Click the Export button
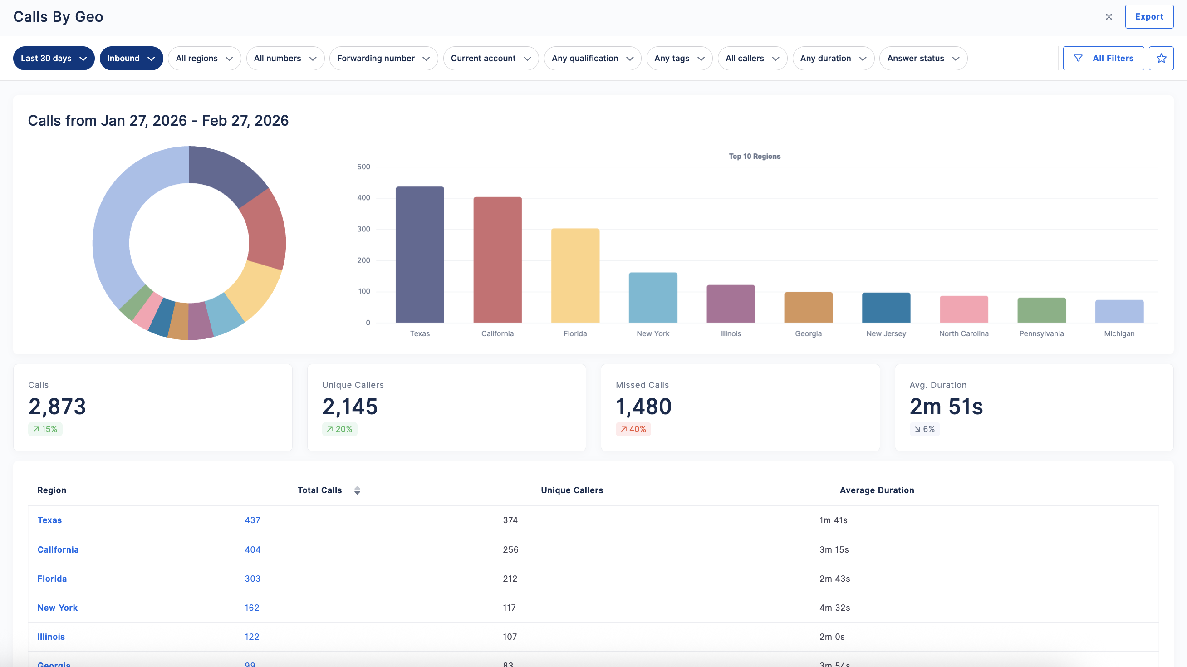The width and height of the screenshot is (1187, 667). (x=1149, y=17)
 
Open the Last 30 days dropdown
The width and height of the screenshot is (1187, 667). (x=54, y=59)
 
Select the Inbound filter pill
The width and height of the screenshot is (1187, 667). (x=131, y=59)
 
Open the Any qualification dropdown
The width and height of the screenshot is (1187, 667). (x=593, y=59)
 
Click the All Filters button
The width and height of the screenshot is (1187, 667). (x=1103, y=59)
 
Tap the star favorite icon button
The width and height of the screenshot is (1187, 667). (x=1161, y=59)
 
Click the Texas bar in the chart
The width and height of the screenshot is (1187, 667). (x=420, y=255)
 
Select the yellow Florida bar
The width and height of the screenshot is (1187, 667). (x=575, y=275)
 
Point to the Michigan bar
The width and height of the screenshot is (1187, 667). (x=1119, y=311)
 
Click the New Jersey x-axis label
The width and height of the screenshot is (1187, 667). (x=886, y=333)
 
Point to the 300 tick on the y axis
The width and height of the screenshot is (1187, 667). (x=363, y=229)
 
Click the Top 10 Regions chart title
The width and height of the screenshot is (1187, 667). (x=754, y=156)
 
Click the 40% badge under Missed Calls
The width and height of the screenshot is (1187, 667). (x=633, y=429)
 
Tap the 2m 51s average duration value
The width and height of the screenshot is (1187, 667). (x=946, y=406)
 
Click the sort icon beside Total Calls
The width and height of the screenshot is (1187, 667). (x=357, y=490)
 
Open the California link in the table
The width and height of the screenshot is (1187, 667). (x=58, y=549)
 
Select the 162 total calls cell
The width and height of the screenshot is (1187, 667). (x=252, y=608)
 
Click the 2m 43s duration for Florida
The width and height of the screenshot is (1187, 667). (x=834, y=579)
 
